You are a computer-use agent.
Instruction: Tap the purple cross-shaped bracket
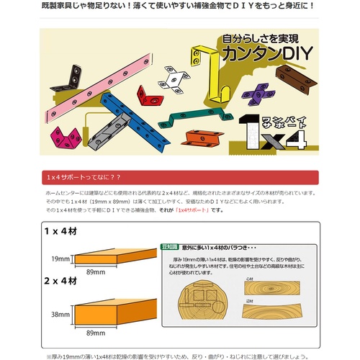[257, 94]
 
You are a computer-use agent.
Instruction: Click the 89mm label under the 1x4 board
[96, 273]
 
